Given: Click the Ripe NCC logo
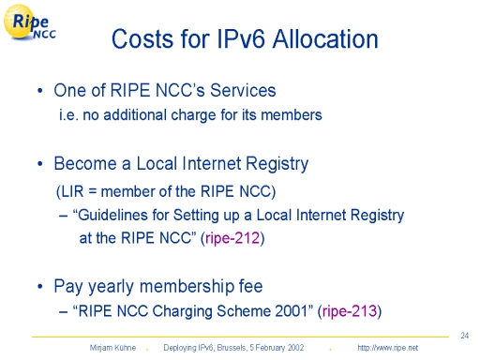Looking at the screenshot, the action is pyautogui.click(x=30, y=22).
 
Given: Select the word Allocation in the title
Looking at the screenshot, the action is pyautogui.click(x=325, y=39).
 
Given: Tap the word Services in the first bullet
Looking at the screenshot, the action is pyautogui.click(x=243, y=90).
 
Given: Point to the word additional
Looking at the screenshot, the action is pyautogui.click(x=134, y=114).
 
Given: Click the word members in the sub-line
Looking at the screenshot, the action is pyautogui.click(x=292, y=114).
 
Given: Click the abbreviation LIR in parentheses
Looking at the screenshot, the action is pyautogui.click(x=72, y=191).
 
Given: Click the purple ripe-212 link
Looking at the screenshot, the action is pyautogui.click(x=232, y=238).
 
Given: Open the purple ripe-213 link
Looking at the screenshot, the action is pyautogui.click(x=350, y=311).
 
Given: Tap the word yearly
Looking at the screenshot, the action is pyautogui.click(x=111, y=287).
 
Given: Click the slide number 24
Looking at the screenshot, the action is pyautogui.click(x=465, y=336).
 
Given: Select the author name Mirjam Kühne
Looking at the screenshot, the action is pyautogui.click(x=112, y=348).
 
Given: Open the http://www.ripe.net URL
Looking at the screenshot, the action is pyautogui.click(x=387, y=348).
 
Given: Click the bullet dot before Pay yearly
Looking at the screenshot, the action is pyautogui.click(x=39, y=286).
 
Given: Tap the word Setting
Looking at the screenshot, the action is pyautogui.click(x=194, y=216).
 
